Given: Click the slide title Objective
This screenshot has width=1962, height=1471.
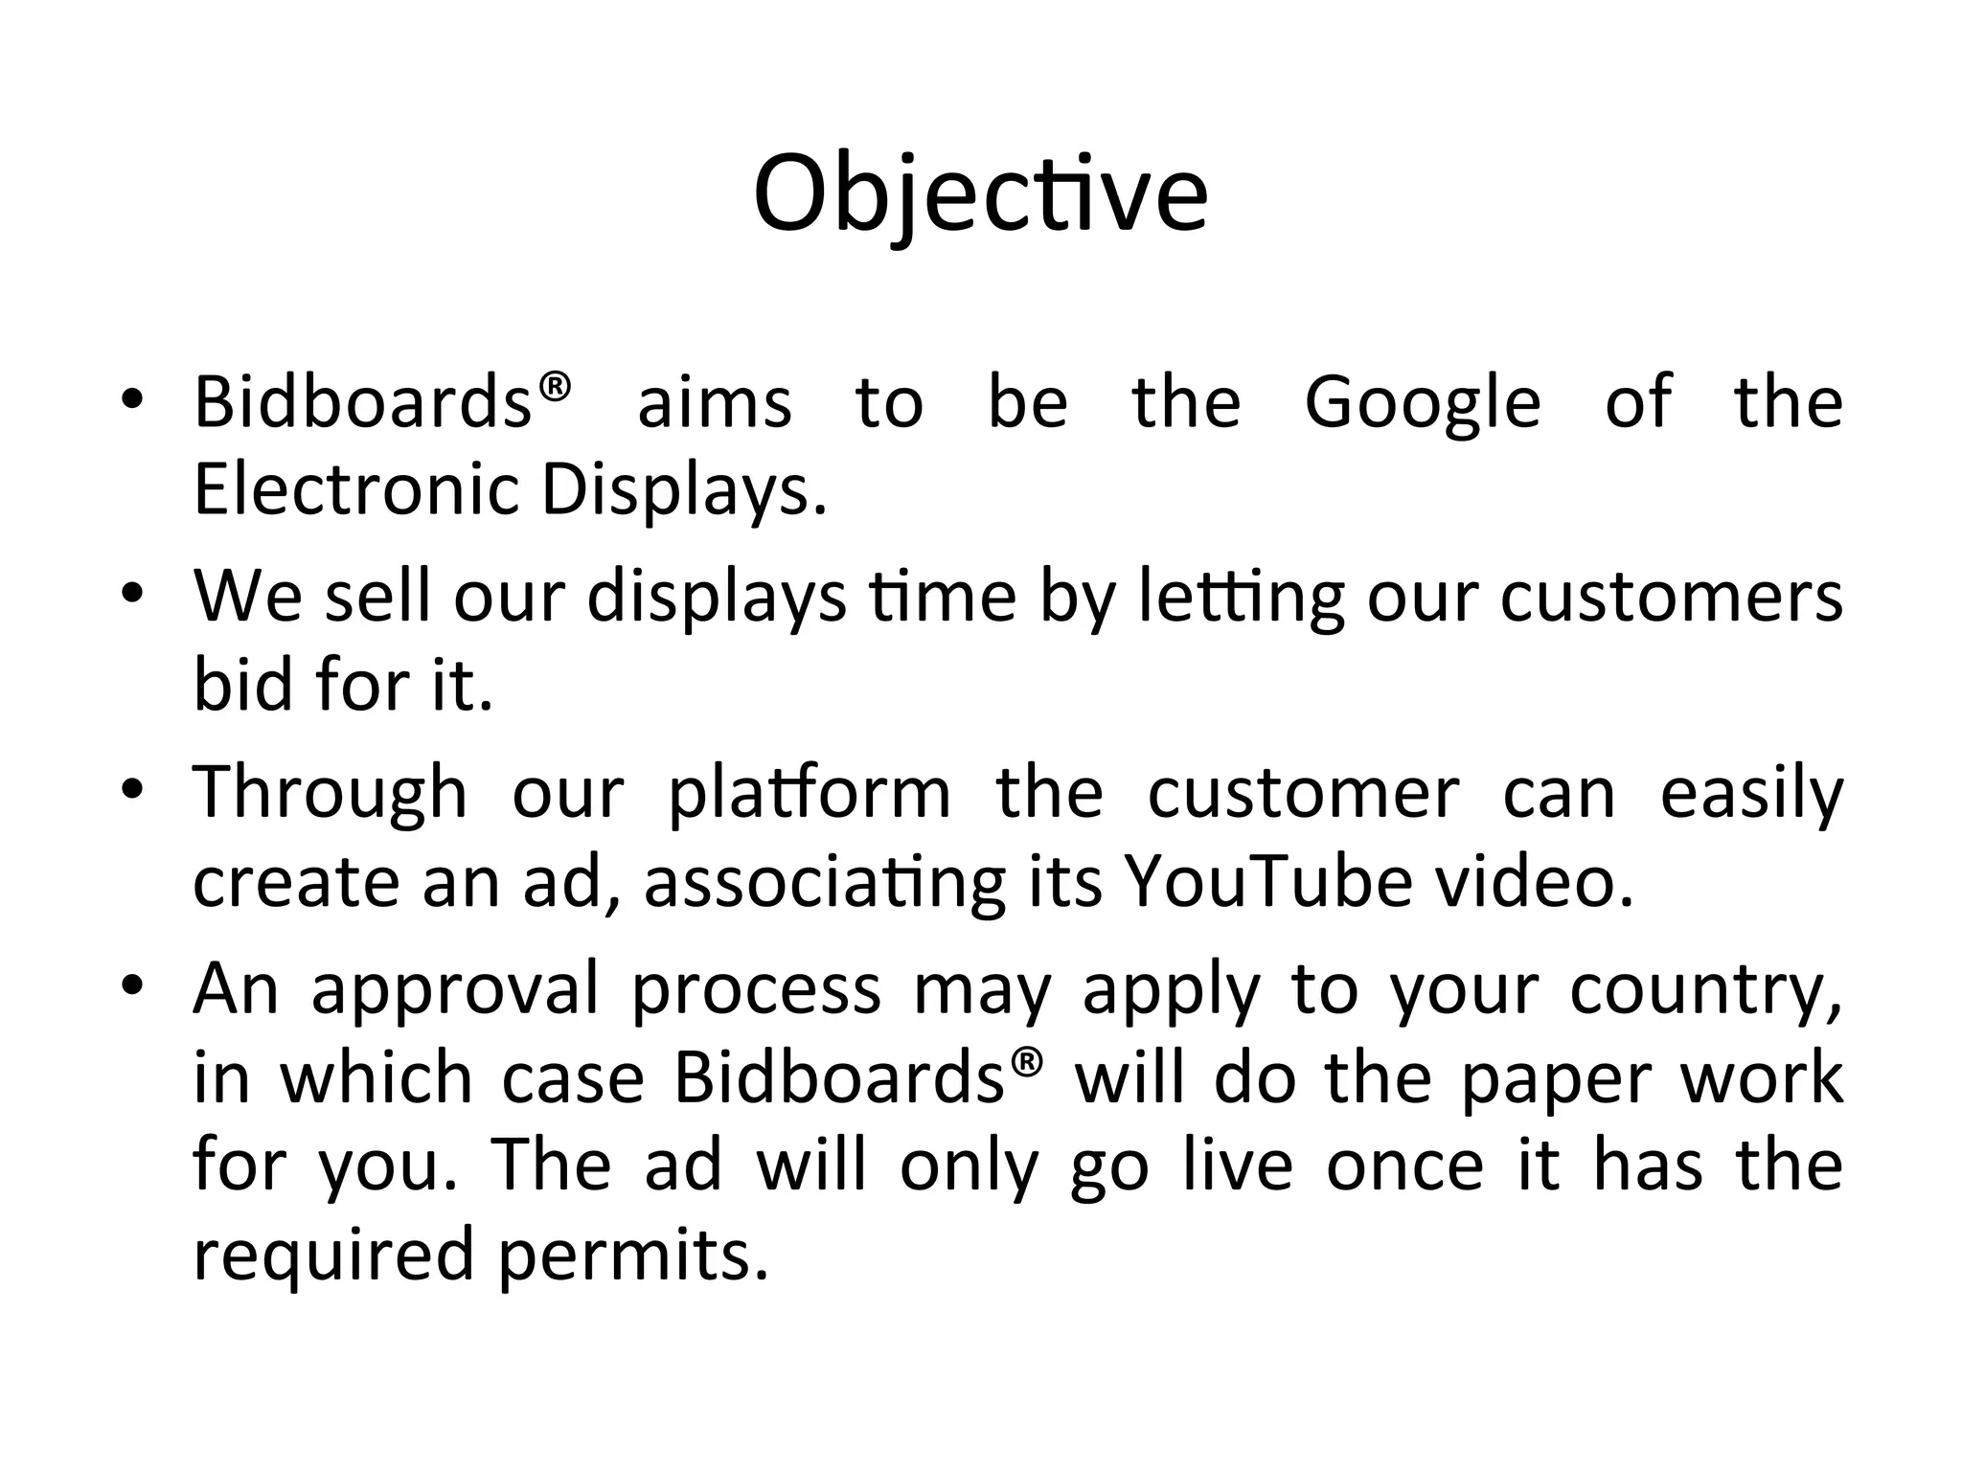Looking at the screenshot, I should [x=980, y=195].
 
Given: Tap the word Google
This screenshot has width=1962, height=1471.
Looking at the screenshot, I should [x=1423, y=402].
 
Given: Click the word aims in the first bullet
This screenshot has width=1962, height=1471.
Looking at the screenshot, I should [x=715, y=402].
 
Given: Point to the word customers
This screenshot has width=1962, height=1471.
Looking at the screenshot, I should [x=1672, y=597].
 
